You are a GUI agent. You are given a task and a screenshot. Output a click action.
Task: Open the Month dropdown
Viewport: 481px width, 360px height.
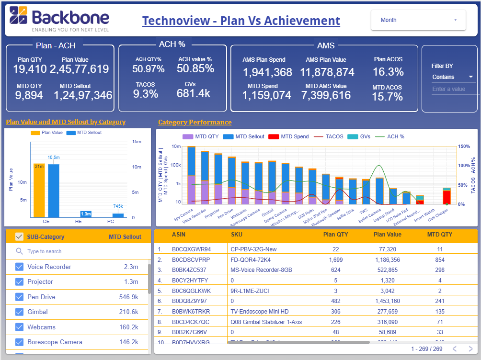[x=418, y=20]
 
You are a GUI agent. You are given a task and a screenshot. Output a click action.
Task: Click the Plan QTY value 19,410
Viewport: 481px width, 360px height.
[x=30, y=69]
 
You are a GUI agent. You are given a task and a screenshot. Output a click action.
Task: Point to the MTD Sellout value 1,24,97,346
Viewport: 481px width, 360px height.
[x=83, y=95]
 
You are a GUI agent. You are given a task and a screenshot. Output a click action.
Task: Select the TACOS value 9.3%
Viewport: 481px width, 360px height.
[x=146, y=94]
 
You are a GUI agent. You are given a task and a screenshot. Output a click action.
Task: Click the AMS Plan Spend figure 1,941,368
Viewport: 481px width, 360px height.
[x=267, y=72]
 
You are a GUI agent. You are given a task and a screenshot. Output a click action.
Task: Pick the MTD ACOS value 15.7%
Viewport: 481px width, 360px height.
[x=388, y=97]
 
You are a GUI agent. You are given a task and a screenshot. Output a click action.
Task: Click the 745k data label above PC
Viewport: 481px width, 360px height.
[x=118, y=206]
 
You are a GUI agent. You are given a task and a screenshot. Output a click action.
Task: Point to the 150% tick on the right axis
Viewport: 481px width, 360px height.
[x=464, y=146]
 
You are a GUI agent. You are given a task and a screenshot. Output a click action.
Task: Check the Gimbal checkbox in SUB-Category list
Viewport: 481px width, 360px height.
[x=19, y=312]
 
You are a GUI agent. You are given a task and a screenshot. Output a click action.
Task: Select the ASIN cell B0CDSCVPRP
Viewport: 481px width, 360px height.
[x=191, y=259]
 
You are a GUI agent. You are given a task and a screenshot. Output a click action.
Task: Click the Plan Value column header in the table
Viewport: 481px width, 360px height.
[x=387, y=235]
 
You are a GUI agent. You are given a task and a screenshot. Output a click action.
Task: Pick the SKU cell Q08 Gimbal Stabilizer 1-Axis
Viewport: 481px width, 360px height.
[x=266, y=322]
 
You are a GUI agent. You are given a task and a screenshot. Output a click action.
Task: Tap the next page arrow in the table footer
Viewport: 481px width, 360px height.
[x=471, y=349]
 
